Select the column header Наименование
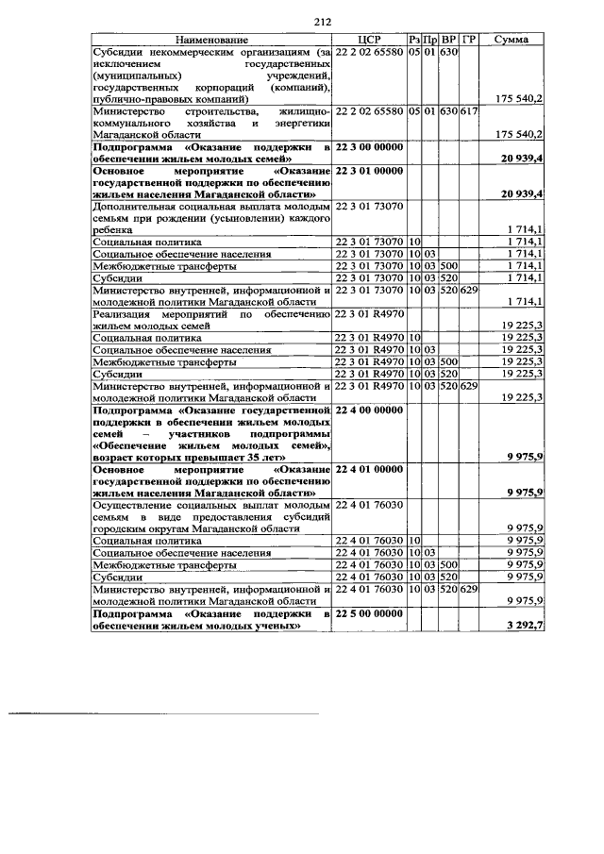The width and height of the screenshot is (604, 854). click(x=211, y=40)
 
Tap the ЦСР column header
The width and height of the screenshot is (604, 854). click(x=369, y=40)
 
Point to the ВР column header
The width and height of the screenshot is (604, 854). click(x=449, y=40)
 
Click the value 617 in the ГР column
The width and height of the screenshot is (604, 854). click(x=470, y=110)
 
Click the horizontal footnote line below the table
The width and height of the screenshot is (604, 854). click(x=164, y=714)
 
